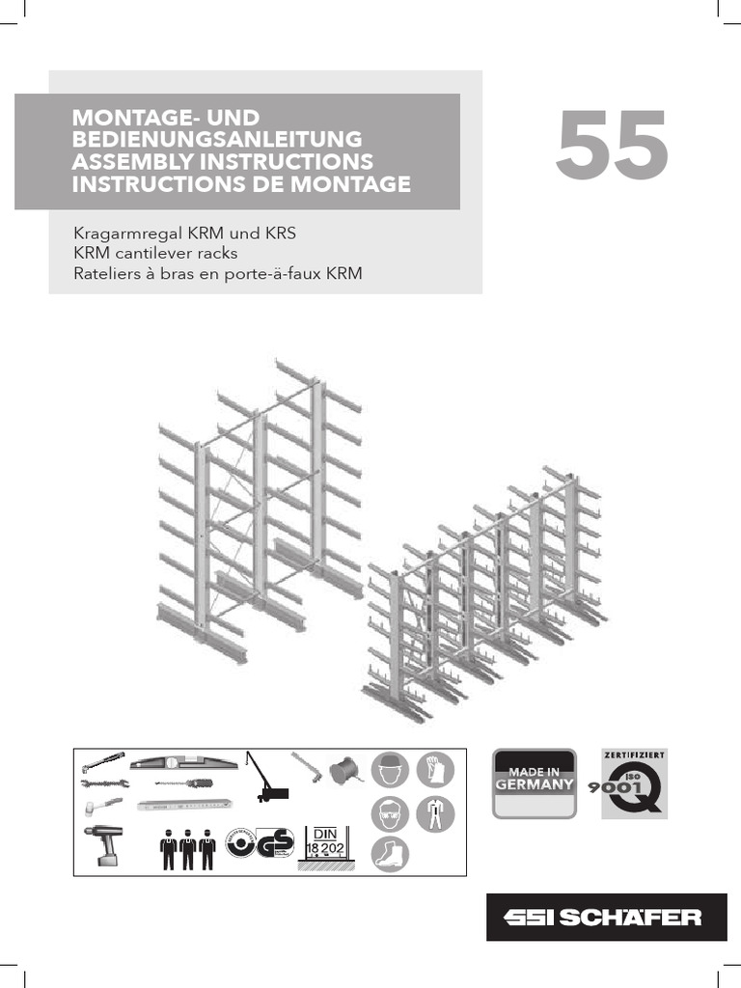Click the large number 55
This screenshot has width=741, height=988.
[612, 146]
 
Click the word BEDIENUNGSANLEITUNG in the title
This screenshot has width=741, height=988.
[217, 139]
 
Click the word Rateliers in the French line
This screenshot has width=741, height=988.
[109, 275]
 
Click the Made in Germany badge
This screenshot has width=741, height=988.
[535, 783]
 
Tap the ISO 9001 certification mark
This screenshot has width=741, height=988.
[634, 783]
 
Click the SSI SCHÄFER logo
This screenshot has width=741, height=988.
[606, 917]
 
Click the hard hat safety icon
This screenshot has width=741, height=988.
[389, 769]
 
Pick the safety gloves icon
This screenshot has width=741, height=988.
[434, 769]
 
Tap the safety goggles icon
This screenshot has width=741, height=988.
[389, 812]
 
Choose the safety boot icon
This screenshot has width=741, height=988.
[389, 855]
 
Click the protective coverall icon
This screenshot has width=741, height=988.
[434, 812]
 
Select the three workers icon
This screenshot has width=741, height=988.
[188, 847]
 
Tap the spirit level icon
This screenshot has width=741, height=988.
[184, 761]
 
